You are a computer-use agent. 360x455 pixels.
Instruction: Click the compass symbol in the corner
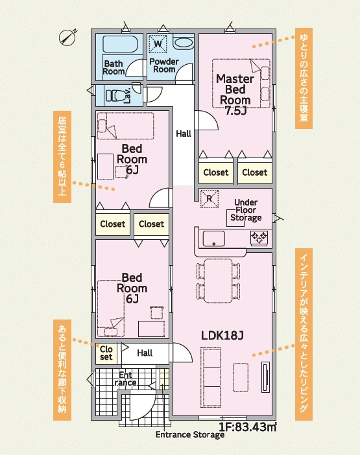click(x=67, y=37)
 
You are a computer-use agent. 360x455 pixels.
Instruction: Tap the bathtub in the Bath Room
click(x=120, y=47)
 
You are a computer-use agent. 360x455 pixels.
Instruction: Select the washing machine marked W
click(x=158, y=43)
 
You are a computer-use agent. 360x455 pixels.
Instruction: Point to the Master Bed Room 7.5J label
click(x=234, y=95)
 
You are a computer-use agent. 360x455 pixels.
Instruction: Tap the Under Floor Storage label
click(x=246, y=210)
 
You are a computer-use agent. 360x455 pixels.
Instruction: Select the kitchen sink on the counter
click(x=213, y=238)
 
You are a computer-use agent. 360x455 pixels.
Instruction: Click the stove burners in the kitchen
click(x=259, y=238)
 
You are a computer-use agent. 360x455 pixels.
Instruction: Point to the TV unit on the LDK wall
click(x=266, y=376)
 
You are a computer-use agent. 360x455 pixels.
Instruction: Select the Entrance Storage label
click(x=189, y=435)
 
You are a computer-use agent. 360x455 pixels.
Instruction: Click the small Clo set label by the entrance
click(x=106, y=353)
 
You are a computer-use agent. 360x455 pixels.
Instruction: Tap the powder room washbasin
click(x=184, y=43)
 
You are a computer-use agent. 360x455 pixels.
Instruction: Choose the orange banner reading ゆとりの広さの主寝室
click(x=304, y=78)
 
